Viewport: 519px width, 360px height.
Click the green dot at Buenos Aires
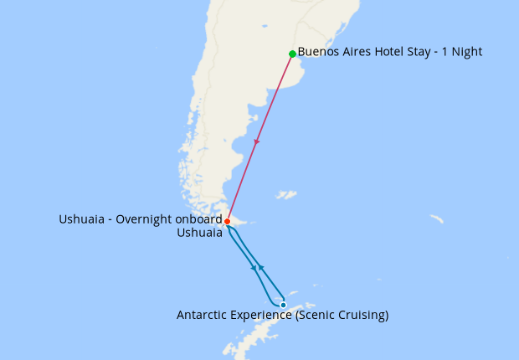292,54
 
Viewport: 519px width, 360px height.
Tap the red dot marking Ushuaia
227,221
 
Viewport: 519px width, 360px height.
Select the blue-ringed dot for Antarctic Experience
283,305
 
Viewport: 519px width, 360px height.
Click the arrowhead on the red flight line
256,142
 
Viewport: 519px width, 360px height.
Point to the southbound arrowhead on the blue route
254,268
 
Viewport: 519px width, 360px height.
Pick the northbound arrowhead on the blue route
261,266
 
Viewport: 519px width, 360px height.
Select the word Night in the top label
465,52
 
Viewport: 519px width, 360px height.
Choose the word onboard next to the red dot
200,219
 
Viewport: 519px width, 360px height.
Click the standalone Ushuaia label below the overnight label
199,234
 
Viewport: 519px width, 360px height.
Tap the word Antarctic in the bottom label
203,316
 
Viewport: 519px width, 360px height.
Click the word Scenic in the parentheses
314,316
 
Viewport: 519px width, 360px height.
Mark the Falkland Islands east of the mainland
285,195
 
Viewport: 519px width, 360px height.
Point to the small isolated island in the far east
436,219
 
